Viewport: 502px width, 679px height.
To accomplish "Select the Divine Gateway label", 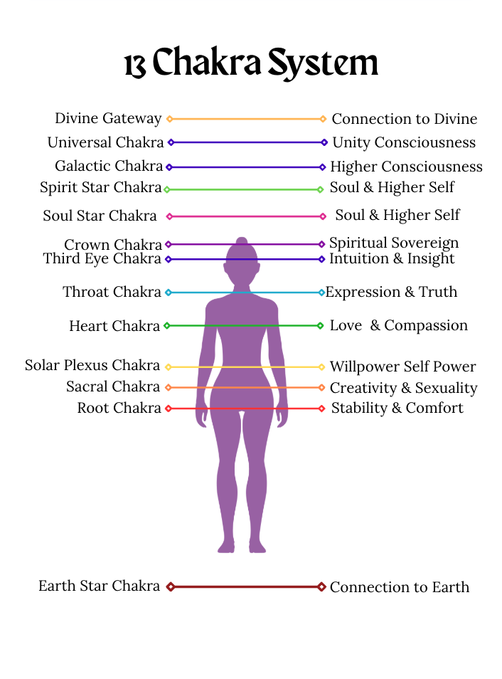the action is tap(108, 118).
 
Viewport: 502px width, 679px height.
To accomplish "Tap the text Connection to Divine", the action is tap(404, 119).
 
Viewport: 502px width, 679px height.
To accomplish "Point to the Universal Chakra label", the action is tap(105, 142).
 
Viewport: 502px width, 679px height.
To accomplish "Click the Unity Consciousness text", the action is tap(403, 142).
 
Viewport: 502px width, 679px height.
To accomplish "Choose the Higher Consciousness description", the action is tap(406, 167).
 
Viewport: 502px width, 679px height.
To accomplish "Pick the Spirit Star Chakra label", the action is tap(101, 188).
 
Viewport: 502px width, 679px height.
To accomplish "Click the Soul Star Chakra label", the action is tap(100, 215).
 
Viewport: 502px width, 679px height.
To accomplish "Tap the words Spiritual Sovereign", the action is tap(393, 243).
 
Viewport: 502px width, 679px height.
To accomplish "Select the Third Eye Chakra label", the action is tap(102, 258).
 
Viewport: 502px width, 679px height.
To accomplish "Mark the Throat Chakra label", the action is tap(112, 292).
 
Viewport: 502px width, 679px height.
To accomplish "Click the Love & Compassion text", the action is tap(398, 325).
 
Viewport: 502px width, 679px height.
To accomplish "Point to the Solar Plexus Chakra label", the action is tap(92, 365).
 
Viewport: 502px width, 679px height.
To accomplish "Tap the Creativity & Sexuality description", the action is tap(403, 388).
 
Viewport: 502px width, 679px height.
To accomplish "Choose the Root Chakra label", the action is tap(119, 408).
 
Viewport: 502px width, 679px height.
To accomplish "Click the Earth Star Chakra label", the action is tap(99, 586).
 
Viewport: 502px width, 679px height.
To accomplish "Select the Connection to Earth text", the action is tap(399, 587).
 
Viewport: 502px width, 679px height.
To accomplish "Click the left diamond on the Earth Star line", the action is tap(170, 586).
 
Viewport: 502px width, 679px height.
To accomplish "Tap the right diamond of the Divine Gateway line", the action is tap(323, 119).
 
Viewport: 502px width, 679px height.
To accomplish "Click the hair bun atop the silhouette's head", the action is tap(242, 241).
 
